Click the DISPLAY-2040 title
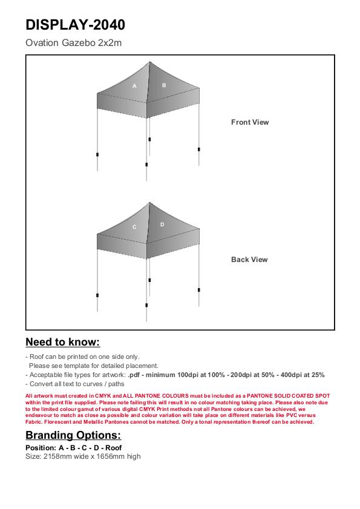click(x=75, y=25)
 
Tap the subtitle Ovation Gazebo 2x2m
click(x=73, y=43)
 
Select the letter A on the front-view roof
click(x=134, y=86)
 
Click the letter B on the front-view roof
click(x=164, y=85)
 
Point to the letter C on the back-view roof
click(x=134, y=227)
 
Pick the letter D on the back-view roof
click(x=162, y=225)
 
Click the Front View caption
click(x=250, y=122)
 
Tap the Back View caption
click(x=249, y=260)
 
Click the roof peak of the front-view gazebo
click(x=149, y=62)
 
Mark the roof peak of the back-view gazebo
click(x=149, y=203)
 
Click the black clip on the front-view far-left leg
click(x=97, y=154)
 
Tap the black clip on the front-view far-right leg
click(x=199, y=149)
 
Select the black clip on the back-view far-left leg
click(x=97, y=295)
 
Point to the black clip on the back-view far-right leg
click(x=199, y=290)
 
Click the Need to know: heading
click(x=63, y=342)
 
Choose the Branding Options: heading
click(x=73, y=435)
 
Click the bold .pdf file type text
click(x=134, y=375)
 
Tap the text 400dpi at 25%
click(x=303, y=375)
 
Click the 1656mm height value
click(x=111, y=456)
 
